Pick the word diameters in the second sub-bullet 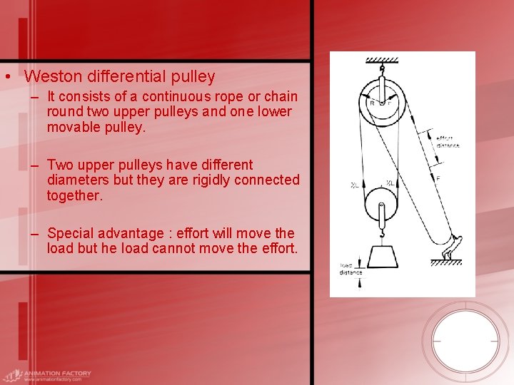[76, 180]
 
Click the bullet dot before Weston [6, 76]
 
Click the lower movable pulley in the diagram [381, 207]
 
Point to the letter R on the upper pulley [371, 103]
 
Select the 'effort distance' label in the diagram [448, 142]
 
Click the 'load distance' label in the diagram [351, 269]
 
